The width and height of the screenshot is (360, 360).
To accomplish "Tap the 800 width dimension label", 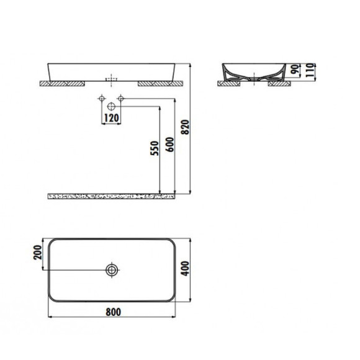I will click(x=112, y=312).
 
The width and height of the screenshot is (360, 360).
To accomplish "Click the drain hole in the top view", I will click(x=112, y=270).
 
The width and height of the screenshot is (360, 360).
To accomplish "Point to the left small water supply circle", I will click(x=101, y=99).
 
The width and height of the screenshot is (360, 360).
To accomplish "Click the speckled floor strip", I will click(x=112, y=197).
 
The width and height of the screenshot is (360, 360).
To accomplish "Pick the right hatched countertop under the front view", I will click(x=160, y=83).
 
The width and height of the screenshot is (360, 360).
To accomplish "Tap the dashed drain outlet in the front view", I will click(x=112, y=79).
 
